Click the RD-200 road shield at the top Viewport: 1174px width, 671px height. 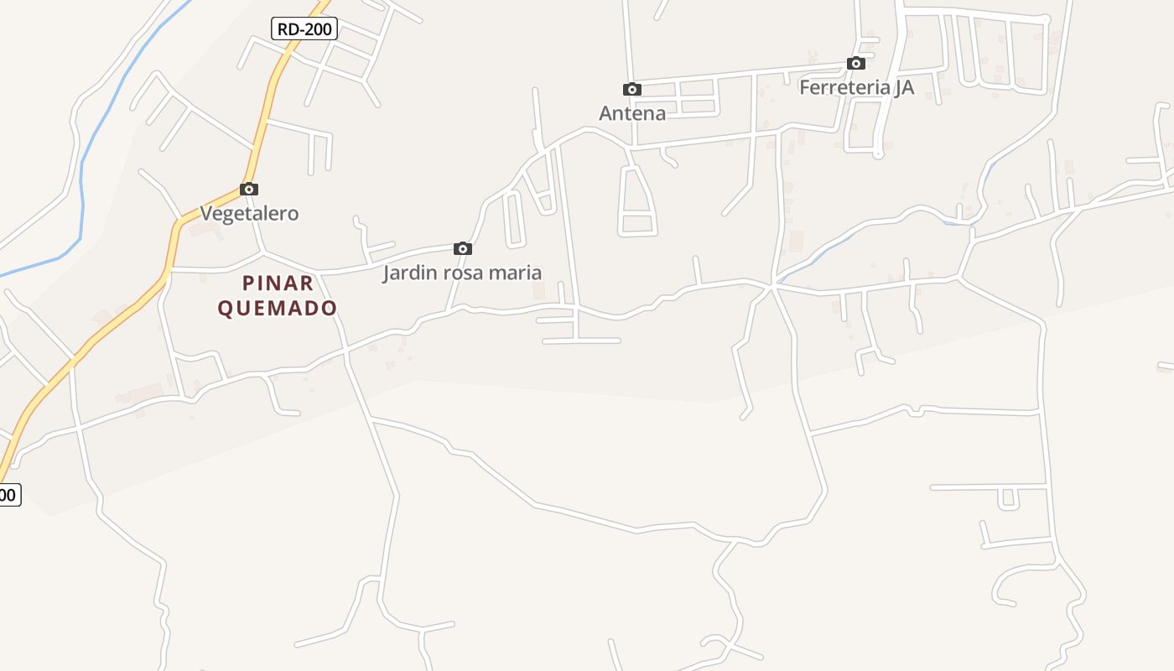click(304, 29)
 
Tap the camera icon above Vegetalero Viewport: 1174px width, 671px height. click(249, 189)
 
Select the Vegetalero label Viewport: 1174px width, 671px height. click(249, 213)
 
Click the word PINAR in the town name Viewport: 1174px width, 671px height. click(278, 283)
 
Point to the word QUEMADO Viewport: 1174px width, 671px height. click(278, 309)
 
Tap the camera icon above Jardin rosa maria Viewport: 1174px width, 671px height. click(462, 248)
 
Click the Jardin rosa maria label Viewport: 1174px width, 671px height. click(462, 273)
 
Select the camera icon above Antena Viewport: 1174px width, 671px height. click(632, 89)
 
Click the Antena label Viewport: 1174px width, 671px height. click(632, 113)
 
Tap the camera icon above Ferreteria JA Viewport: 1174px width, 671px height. click(856, 63)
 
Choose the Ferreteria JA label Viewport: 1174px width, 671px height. click(856, 87)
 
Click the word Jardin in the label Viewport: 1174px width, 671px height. click(409, 273)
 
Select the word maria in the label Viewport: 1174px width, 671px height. click(517, 273)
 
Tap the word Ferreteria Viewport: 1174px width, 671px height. click(841, 87)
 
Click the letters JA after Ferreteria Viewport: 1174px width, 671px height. click(902, 87)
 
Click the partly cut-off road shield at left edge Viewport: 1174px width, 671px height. click(8, 495)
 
